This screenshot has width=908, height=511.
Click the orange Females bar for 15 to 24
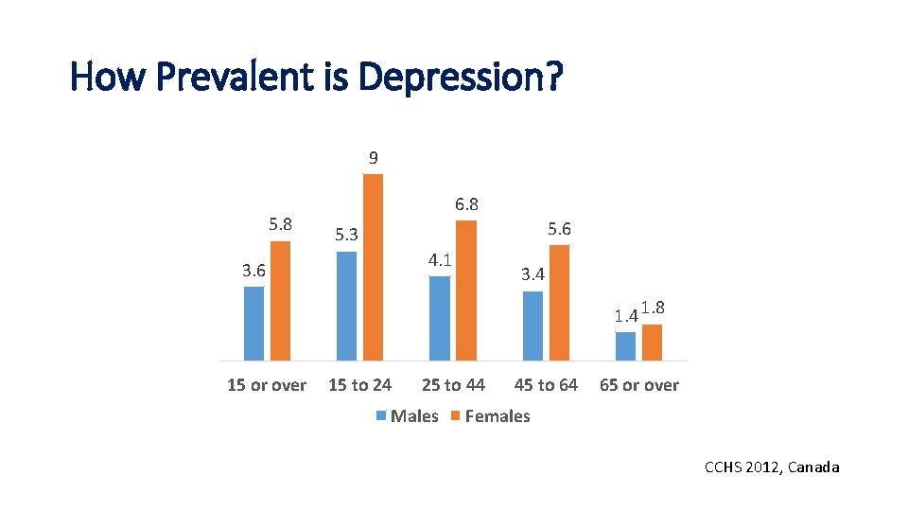(373, 267)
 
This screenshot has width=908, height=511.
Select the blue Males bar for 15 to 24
(347, 306)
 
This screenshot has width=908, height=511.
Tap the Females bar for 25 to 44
(466, 290)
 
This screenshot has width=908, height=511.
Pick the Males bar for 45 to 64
(533, 326)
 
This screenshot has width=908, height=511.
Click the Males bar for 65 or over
(625, 346)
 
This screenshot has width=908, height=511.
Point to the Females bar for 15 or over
(280, 301)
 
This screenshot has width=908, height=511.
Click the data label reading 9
(374, 157)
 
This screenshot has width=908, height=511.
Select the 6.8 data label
(466, 204)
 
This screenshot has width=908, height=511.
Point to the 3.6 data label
(253, 270)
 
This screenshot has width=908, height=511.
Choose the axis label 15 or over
(267, 385)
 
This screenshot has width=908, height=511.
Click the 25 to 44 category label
(453, 385)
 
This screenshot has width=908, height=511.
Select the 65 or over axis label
(639, 385)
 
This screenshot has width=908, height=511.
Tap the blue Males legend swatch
(382, 415)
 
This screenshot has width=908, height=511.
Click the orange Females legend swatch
(455, 415)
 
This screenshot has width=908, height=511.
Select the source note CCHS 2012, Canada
(772, 467)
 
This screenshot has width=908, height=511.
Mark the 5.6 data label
(559, 229)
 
